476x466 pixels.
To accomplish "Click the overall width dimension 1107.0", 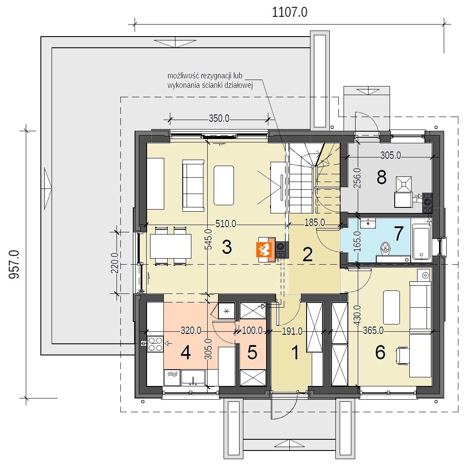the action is (289, 12).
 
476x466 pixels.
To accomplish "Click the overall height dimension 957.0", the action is (14, 264).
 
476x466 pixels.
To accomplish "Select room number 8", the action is (381, 177).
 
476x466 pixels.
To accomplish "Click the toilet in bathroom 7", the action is (385, 248).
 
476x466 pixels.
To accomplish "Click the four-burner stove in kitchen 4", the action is (155, 344).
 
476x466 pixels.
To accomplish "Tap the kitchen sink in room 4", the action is (193, 378).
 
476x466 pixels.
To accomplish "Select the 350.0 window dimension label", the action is (219, 118).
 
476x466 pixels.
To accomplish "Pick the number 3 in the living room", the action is (227, 247).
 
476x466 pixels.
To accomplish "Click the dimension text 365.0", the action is (373, 330).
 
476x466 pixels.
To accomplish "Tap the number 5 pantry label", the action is (252, 352).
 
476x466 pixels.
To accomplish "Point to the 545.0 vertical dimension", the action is (209, 239).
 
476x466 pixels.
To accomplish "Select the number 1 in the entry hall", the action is (295, 353).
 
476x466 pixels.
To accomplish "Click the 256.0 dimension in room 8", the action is (357, 178).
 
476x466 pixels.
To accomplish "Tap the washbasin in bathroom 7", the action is (368, 222).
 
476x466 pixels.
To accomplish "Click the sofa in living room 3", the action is (193, 185).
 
